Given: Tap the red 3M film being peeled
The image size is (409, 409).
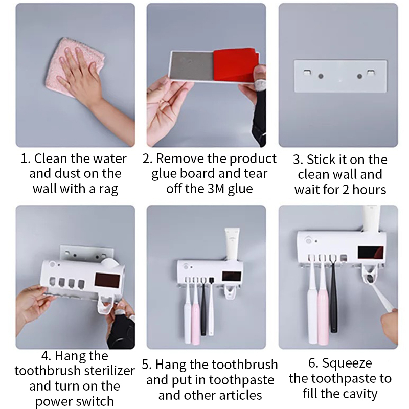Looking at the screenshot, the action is pos(235,64).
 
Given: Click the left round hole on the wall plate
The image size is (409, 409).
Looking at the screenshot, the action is pos(321,76).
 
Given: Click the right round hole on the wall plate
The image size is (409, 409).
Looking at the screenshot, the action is pos(359,76).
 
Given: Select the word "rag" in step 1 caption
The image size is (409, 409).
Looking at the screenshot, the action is pos(108,189).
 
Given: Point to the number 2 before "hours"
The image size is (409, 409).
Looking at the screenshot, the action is pos(346,190).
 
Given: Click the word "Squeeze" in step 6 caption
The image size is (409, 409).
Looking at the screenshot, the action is pos(347,363).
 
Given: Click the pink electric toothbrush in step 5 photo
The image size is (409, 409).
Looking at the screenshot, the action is pos(196,312).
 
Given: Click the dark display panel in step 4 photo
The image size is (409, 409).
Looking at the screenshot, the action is pos(107,280).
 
